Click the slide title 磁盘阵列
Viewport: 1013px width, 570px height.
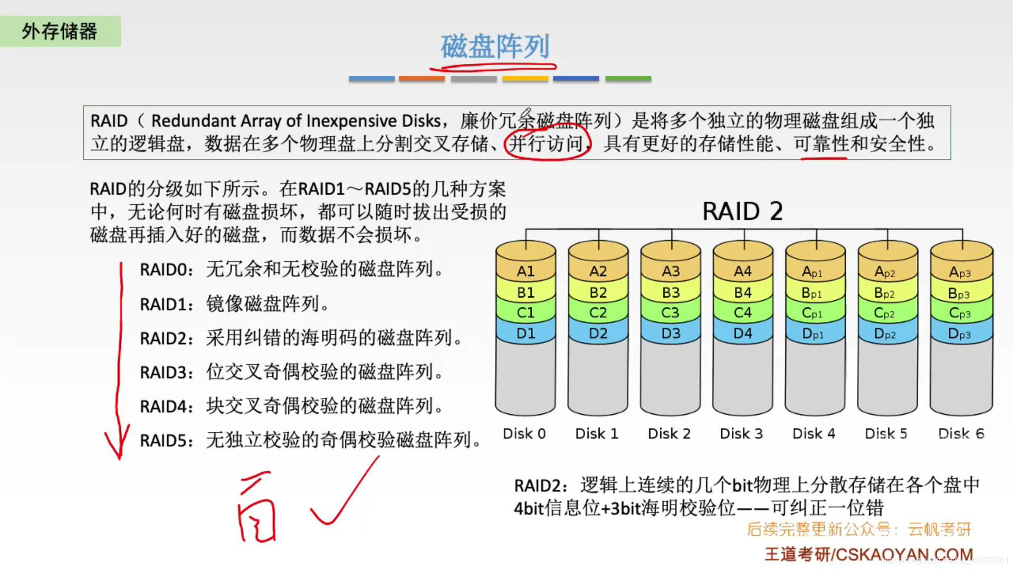495,47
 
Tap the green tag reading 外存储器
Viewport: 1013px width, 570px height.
60,31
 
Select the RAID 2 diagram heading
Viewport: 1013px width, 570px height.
742,212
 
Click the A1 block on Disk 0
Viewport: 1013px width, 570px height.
525,271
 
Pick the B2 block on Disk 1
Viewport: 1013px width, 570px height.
598,292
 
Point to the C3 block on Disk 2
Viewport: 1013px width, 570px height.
670,313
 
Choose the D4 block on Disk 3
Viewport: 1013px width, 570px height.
742,334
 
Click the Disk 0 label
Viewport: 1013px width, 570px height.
524,434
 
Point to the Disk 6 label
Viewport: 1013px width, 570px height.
961,434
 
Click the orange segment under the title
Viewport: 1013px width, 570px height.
422,79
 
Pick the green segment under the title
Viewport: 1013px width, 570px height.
628,79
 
